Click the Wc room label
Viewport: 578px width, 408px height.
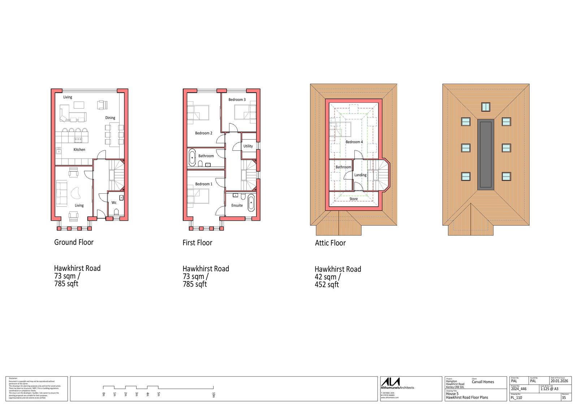click(x=114, y=203)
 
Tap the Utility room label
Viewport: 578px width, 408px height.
click(x=248, y=146)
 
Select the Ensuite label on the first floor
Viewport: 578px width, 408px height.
click(x=237, y=206)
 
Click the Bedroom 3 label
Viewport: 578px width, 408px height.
click(x=237, y=100)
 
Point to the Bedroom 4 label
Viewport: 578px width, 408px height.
click(x=354, y=142)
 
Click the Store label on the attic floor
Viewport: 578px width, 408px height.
click(x=353, y=199)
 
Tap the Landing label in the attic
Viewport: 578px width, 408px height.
click(x=360, y=175)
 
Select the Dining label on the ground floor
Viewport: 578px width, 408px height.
click(x=110, y=118)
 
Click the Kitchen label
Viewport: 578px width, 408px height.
click(x=79, y=150)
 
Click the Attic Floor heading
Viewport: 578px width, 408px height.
click(x=330, y=243)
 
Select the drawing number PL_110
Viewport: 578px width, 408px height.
click(x=517, y=398)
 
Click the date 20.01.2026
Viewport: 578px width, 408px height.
click(x=559, y=381)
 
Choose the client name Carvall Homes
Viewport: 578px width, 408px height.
click(x=483, y=382)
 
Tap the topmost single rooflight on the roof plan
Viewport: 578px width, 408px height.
click(x=486, y=107)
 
